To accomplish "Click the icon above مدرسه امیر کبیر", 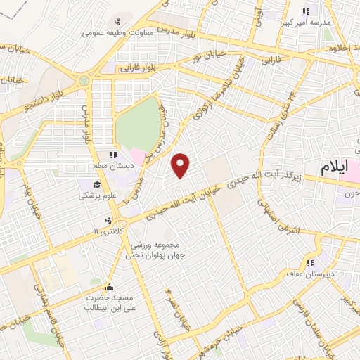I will tap(306, 11).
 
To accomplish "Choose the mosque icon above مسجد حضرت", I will tap(108, 287).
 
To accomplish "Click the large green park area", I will tap(138, 122).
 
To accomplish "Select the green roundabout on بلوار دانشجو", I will tap(85, 79).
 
